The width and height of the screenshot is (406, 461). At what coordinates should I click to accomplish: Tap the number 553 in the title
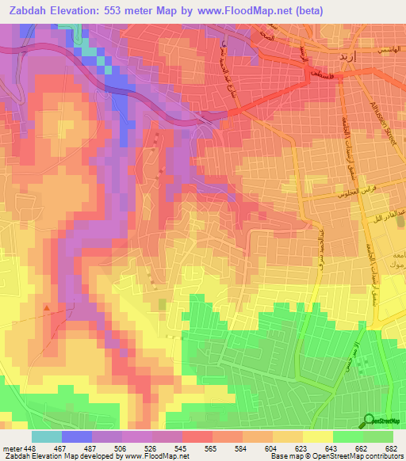[x=129, y=11]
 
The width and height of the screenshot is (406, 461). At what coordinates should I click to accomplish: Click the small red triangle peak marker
[x=48, y=307]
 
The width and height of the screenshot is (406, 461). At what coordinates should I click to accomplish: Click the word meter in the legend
[x=10, y=448]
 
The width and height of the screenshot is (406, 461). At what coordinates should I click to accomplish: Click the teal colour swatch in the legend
[x=46, y=436]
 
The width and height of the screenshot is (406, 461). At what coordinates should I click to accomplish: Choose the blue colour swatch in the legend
[x=76, y=436]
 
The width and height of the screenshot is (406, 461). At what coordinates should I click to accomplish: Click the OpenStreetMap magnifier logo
[x=369, y=421]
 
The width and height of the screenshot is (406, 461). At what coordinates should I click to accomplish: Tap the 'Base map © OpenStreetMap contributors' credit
[x=336, y=456]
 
